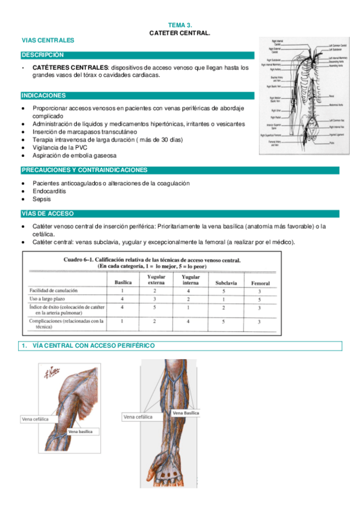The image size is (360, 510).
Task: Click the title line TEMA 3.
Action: (180, 25)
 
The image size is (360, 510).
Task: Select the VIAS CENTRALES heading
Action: (47, 40)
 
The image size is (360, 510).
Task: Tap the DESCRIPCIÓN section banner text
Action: (42, 55)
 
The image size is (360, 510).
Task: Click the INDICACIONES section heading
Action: (44, 96)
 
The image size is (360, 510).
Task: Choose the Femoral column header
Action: (259, 283)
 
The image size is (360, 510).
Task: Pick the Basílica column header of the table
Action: (123, 283)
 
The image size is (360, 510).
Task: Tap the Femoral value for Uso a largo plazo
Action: (259, 298)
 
